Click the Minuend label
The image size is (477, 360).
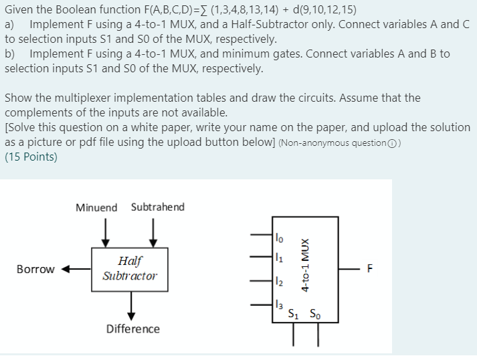coord(96,207)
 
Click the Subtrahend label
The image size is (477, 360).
coord(158,207)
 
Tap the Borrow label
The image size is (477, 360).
coord(35,270)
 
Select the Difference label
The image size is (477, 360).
coord(133,329)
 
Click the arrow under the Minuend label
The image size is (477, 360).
coord(104,232)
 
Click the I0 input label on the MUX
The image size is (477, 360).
coord(279,235)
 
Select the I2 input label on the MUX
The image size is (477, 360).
coord(279,282)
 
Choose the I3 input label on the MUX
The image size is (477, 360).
coord(279,304)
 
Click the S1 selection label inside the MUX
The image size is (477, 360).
coord(293,313)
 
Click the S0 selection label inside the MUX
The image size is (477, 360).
coord(314,313)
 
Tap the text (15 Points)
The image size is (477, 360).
coord(31,158)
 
